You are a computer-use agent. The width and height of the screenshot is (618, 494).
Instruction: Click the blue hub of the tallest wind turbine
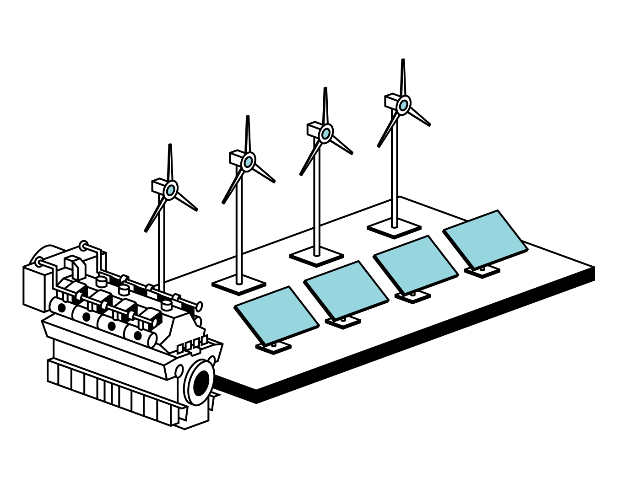tap(403, 106)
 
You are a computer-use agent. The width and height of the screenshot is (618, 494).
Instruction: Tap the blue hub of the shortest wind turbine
tap(170, 189)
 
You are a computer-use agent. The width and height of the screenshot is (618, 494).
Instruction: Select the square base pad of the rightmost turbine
tap(394, 228)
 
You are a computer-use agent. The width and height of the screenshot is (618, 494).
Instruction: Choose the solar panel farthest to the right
tap(485, 239)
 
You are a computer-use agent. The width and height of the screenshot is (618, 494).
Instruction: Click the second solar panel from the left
tap(347, 290)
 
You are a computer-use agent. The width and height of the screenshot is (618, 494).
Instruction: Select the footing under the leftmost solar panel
tap(273, 348)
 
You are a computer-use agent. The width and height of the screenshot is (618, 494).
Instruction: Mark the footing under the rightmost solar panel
tap(482, 271)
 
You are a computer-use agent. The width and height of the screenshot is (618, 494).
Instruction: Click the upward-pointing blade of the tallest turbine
tap(403, 78)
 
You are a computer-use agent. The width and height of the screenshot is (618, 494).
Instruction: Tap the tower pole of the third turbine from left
tap(316, 206)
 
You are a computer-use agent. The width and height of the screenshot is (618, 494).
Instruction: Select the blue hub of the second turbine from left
tap(248, 161)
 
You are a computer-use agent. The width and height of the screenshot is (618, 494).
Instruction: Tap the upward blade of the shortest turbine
tap(170, 162)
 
